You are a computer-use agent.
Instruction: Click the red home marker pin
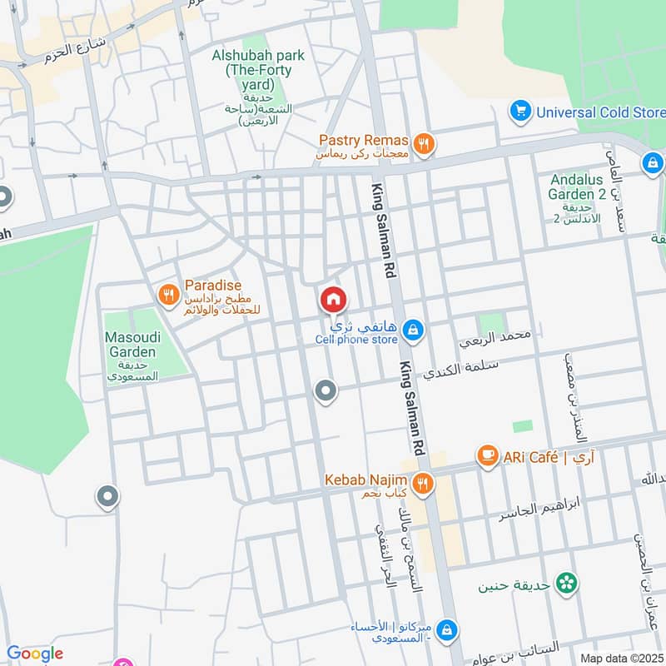(x=333, y=299)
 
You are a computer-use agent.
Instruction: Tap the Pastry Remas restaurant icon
(x=425, y=145)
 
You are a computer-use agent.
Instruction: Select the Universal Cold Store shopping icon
(x=521, y=111)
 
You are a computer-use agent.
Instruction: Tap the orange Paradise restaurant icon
(x=168, y=293)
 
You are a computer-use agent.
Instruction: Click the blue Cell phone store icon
(x=412, y=331)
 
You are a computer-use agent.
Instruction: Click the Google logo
(x=35, y=654)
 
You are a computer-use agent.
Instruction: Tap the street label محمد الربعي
(x=495, y=337)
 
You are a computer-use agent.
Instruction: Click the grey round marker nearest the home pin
(x=326, y=390)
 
